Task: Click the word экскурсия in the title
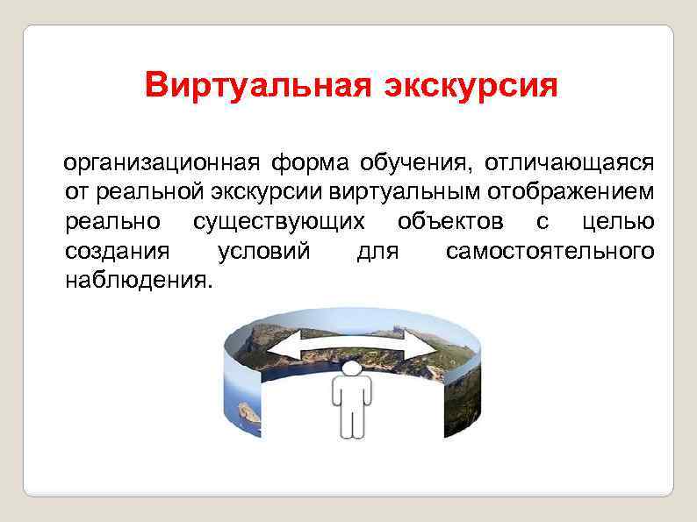point(459,87)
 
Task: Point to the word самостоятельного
point(550,252)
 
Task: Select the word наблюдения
point(138,282)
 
